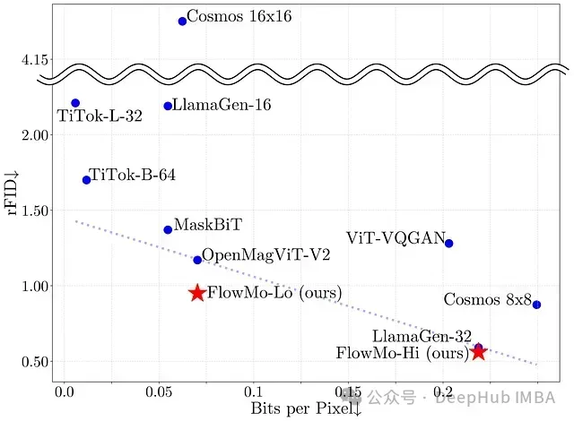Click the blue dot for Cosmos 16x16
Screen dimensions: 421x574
coord(182,21)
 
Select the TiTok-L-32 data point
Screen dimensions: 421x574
coord(75,103)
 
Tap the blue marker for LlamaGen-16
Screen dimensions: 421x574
coord(168,106)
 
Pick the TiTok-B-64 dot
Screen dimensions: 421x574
coord(86,180)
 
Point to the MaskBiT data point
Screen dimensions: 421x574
coord(168,230)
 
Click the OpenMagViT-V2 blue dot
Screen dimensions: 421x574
coord(197,260)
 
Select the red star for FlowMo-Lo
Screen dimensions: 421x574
coord(197,293)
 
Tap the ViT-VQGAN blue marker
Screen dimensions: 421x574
coord(448,244)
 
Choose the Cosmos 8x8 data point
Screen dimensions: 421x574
coord(536,305)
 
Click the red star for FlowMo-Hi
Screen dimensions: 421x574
coord(479,353)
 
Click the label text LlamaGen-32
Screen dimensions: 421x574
coord(422,337)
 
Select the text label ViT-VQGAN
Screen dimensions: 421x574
coord(396,237)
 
